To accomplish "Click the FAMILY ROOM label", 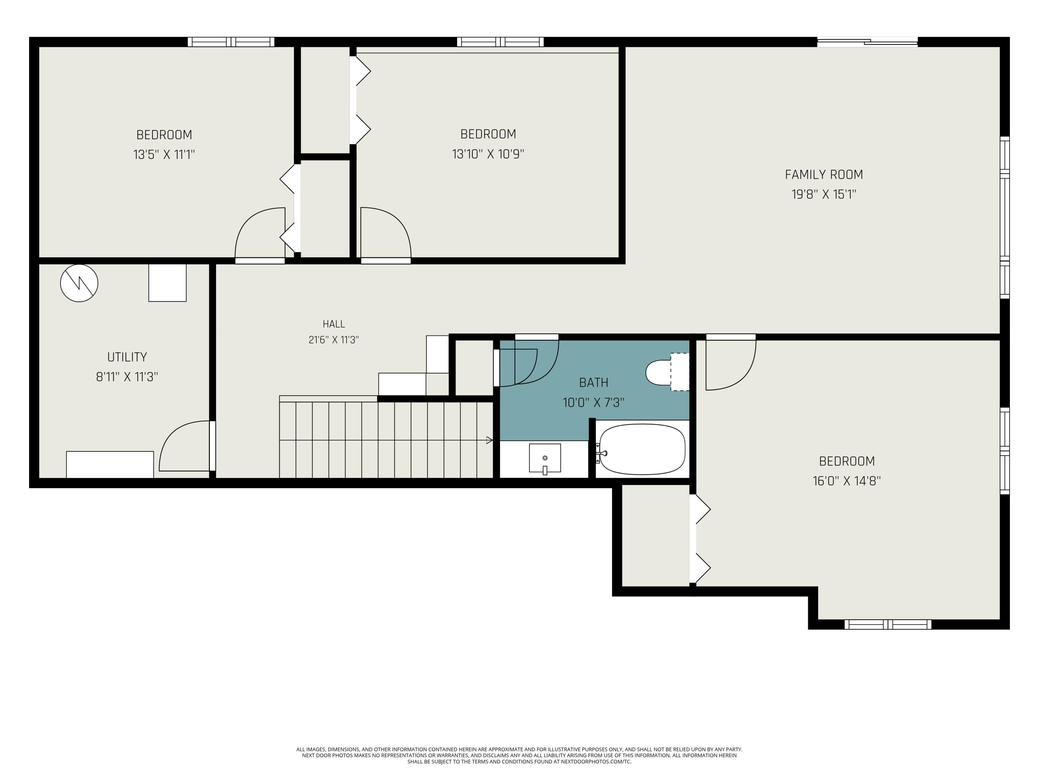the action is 824,175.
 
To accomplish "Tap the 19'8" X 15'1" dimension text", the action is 824,194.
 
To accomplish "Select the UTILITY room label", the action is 127,357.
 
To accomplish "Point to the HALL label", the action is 334,324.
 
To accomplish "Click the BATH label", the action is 594,383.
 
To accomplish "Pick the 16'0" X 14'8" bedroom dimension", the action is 847,481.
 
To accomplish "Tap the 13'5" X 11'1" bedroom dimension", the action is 164,154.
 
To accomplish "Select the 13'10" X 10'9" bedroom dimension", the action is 488,154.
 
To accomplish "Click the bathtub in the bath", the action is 642,449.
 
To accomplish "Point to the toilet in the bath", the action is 667,372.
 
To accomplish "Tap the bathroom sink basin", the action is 545,458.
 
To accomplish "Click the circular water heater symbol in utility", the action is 79,283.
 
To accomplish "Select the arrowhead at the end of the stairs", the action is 489,440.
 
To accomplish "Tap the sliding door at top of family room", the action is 868,42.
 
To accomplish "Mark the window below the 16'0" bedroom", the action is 888,625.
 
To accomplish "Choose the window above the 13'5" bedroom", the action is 231,42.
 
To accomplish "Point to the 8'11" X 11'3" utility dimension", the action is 127,377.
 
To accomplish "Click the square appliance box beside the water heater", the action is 168,283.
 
